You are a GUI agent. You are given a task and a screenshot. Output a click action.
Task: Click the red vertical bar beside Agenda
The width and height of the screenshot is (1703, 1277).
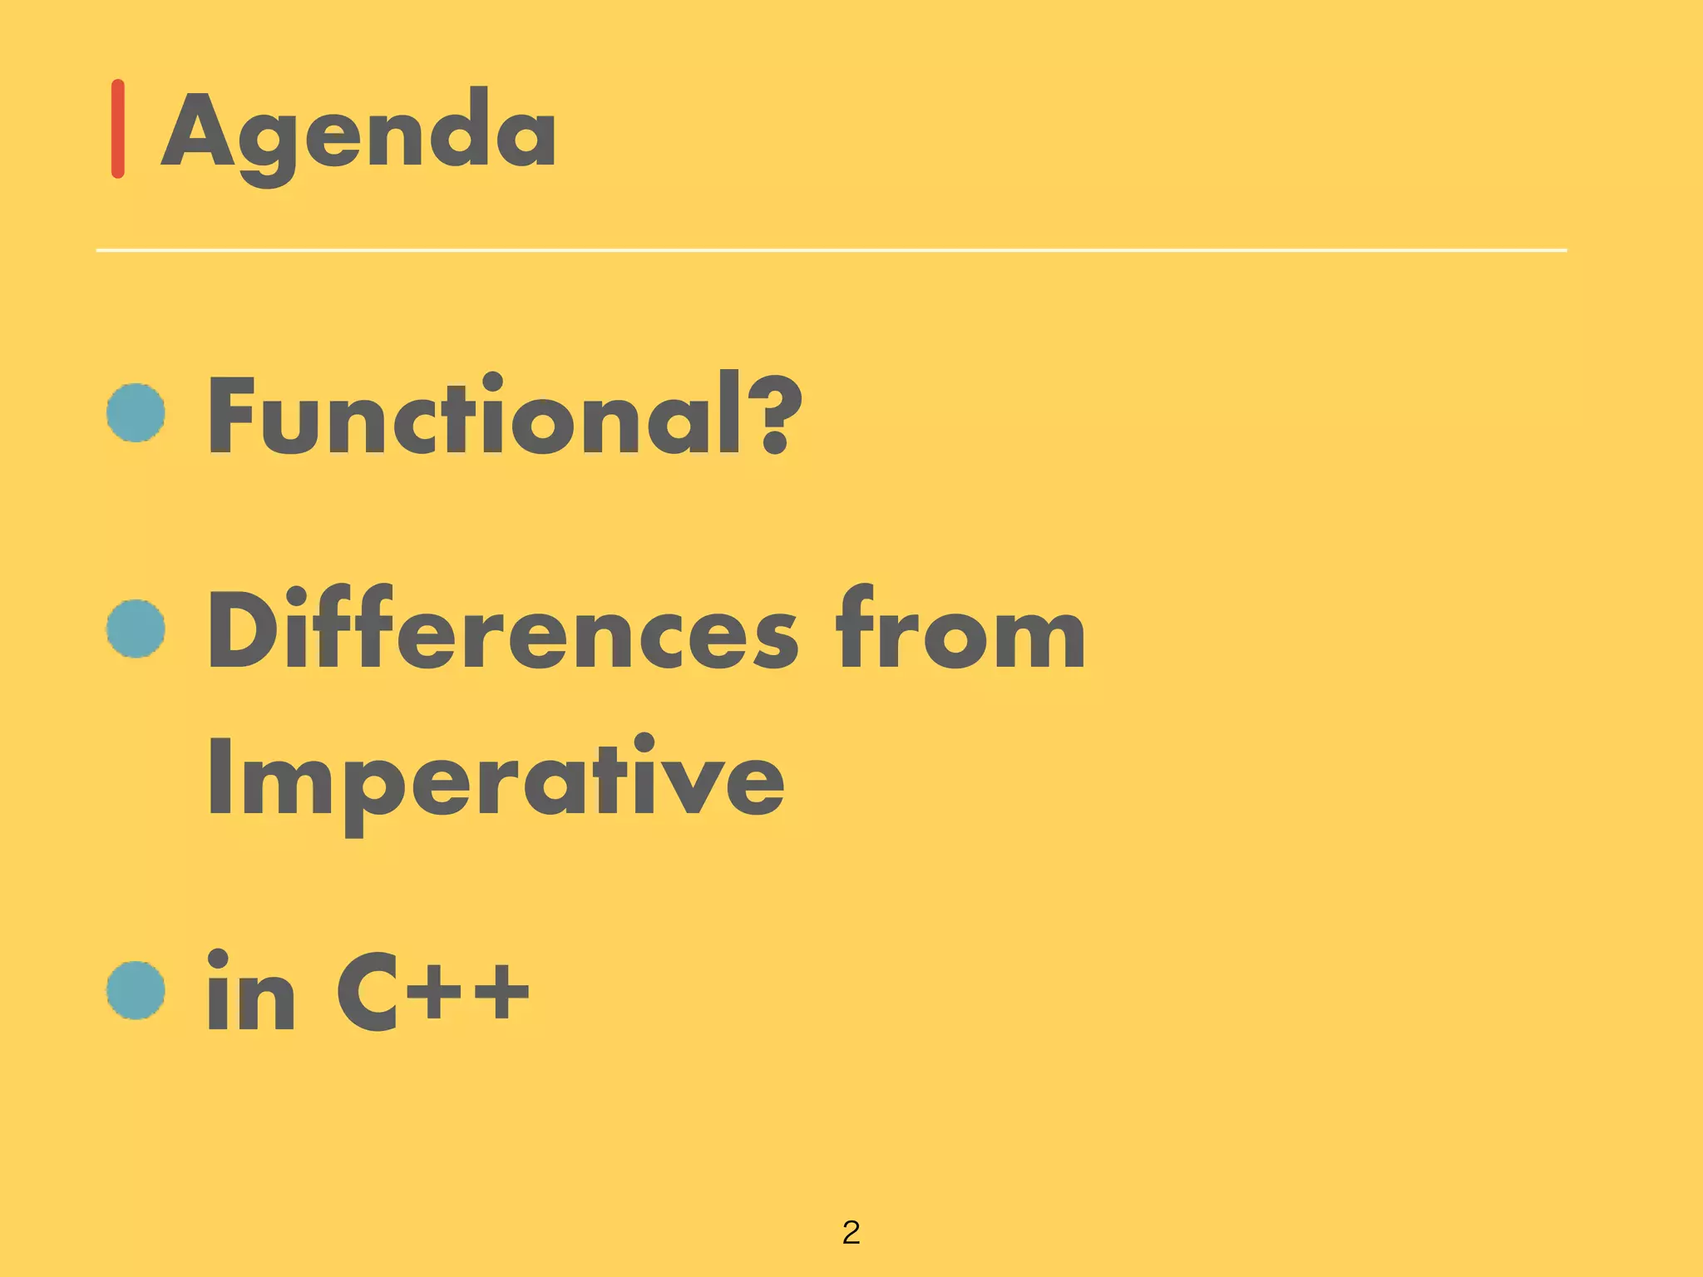(x=118, y=129)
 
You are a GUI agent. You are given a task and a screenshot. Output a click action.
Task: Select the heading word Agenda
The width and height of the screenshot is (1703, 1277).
(x=359, y=133)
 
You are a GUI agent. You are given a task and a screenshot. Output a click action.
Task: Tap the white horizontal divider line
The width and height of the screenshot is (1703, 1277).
(x=832, y=249)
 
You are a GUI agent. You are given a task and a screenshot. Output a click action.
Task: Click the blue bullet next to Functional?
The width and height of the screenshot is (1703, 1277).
(x=136, y=412)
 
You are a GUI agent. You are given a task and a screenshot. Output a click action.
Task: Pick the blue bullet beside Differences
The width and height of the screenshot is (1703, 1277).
(x=136, y=629)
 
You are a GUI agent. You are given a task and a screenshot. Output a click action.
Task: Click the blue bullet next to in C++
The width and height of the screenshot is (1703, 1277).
(x=136, y=991)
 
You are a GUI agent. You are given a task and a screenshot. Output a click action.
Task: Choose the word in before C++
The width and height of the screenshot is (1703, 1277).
(x=250, y=993)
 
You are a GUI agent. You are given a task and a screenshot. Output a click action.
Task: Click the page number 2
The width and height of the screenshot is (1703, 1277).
(x=851, y=1232)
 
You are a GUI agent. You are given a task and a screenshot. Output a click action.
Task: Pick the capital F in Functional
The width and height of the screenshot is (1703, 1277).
(x=230, y=416)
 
